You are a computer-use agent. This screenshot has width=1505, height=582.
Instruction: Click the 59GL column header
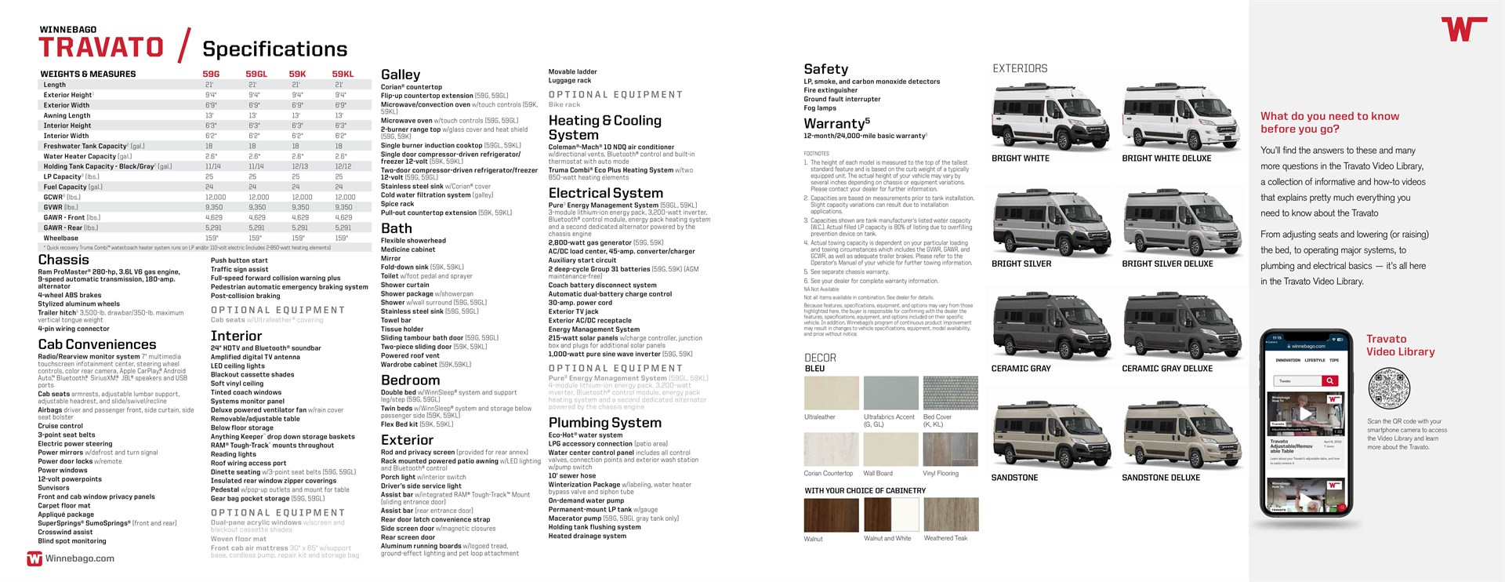pos(256,74)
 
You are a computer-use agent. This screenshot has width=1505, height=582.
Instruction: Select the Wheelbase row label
pos(61,238)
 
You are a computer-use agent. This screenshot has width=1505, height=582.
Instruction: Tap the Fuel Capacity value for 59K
pos(296,187)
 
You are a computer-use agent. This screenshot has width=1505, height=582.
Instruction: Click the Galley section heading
pos(401,75)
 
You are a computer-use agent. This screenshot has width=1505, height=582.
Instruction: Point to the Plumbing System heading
pos(604,423)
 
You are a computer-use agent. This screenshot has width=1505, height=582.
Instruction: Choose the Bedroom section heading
pos(410,380)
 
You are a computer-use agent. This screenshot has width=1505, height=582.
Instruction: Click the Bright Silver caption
pos(1021,264)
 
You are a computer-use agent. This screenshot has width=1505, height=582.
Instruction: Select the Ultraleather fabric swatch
pos(831,393)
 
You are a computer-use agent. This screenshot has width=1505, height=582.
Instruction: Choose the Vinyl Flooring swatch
pos(950,449)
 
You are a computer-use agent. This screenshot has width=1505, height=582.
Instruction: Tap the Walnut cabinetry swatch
pos(831,515)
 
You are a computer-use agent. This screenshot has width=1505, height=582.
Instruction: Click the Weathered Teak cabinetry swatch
pos(950,515)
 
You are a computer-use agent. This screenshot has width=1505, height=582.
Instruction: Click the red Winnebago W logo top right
pos(1463,29)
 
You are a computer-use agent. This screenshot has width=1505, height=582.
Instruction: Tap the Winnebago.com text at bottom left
pos(79,558)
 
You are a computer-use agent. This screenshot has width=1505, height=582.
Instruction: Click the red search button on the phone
pos(1330,380)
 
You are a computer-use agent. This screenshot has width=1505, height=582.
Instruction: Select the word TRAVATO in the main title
pos(101,48)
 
